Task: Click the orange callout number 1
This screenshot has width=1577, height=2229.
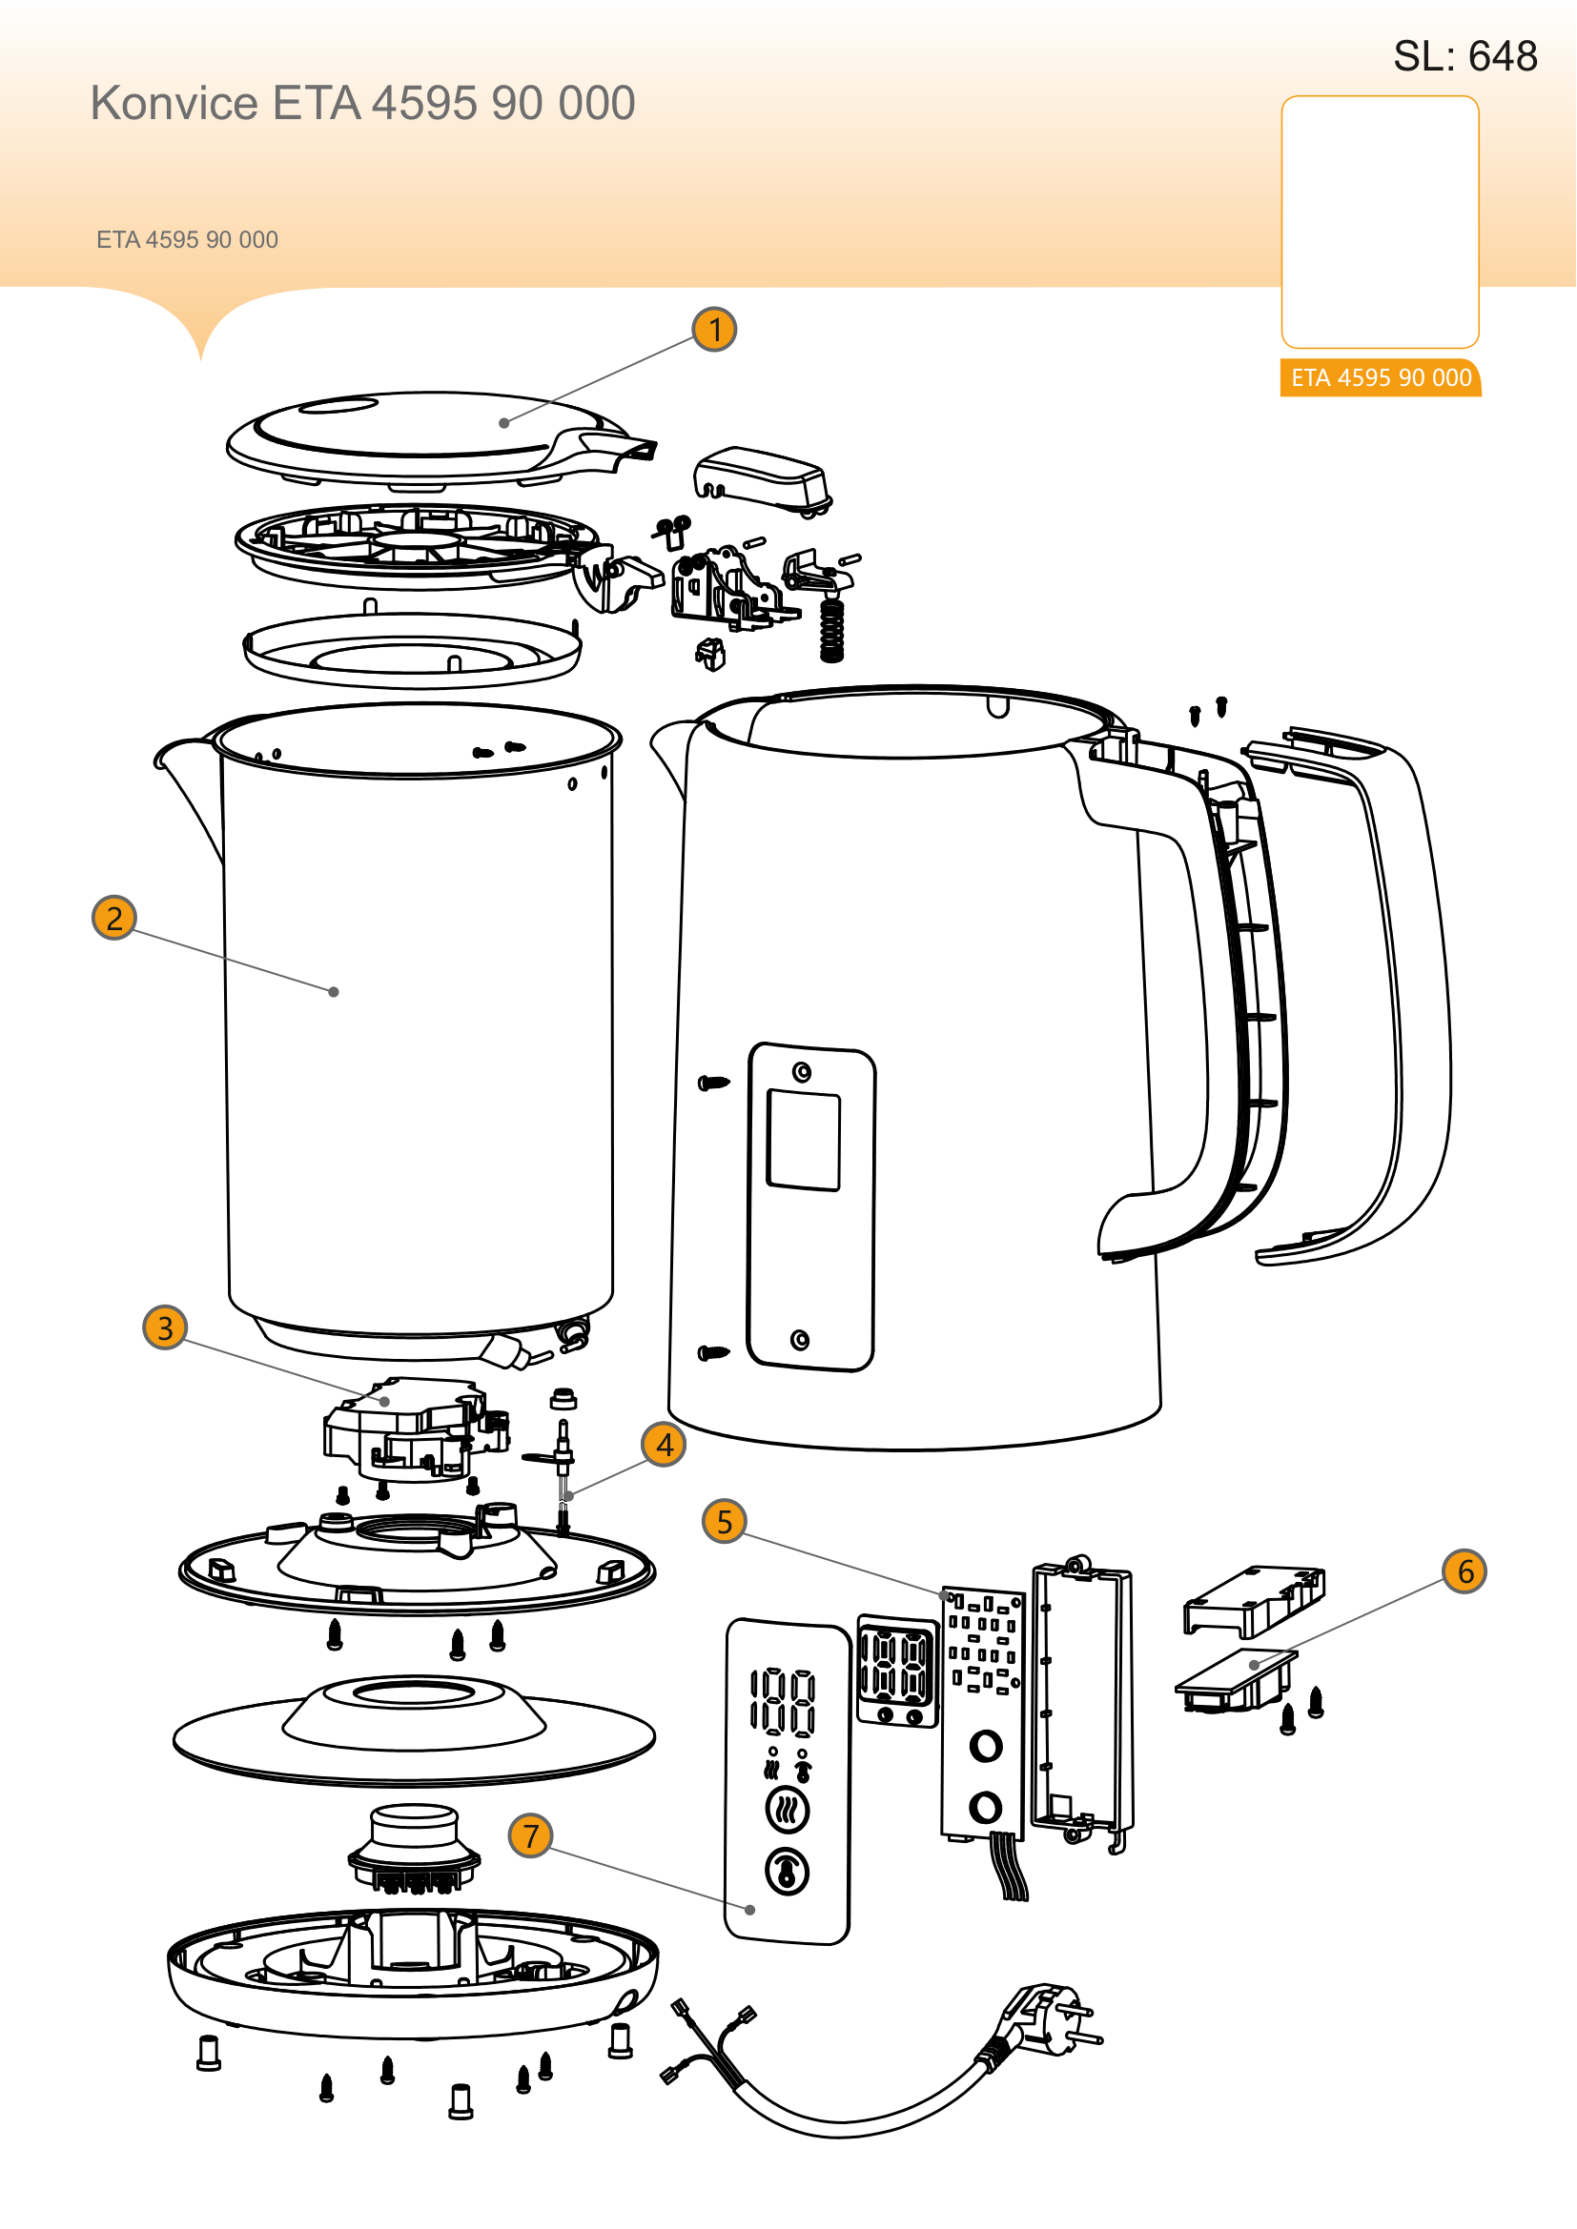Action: pos(715,330)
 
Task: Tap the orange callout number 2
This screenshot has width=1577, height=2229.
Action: pos(114,919)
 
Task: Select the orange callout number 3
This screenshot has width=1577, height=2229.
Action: pos(165,1328)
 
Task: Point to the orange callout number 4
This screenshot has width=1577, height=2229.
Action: pos(665,1445)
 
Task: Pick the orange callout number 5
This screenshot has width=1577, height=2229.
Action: pos(725,1521)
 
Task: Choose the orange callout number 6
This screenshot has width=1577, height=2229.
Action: pos(1465,1570)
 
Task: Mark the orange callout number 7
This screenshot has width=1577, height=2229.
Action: pos(530,1835)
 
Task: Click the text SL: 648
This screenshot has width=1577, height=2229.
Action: pos(1465,56)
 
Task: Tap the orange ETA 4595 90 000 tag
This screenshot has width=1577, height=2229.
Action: pos(1381,377)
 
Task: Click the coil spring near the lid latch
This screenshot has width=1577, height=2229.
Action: pos(832,630)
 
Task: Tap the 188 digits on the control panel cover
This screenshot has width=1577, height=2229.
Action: pos(783,1703)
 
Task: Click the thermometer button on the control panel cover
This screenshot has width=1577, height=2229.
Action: pos(788,1872)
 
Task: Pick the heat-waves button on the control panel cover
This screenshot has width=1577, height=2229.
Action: pos(788,1810)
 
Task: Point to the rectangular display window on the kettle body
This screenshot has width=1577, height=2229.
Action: pos(804,1140)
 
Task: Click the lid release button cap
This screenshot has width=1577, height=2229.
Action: pos(761,477)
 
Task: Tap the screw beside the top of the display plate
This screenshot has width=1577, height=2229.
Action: pos(714,1083)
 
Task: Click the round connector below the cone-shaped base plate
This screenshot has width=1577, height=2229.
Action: pos(415,1848)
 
